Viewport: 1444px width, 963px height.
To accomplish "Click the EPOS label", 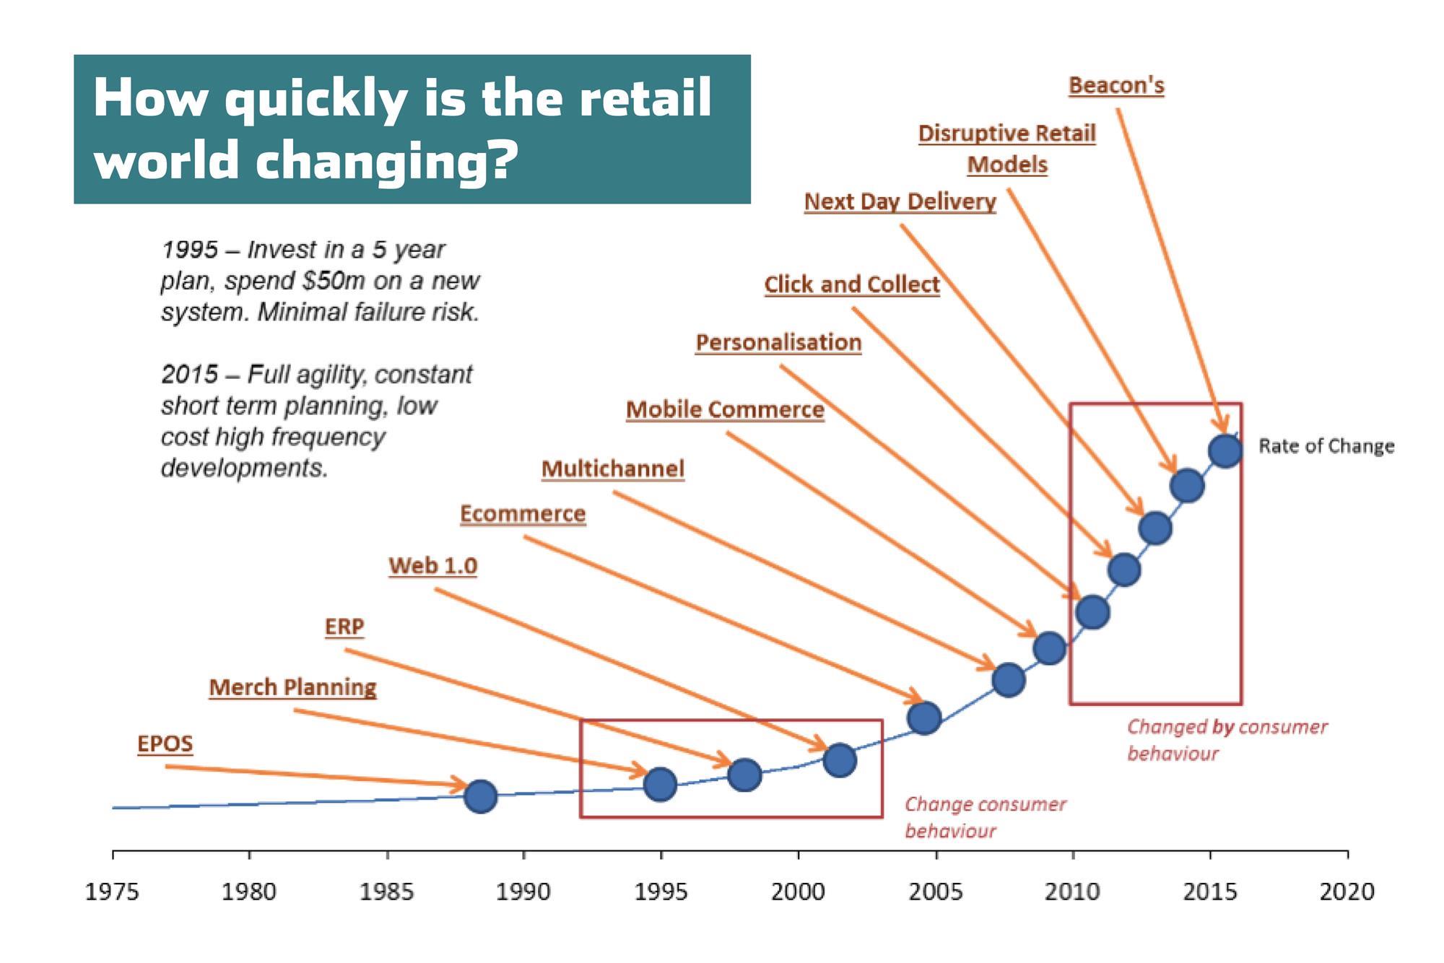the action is (x=165, y=744).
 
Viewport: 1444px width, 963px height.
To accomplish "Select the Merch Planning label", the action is (x=292, y=687).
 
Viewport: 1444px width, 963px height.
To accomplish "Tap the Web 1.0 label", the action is (x=433, y=565).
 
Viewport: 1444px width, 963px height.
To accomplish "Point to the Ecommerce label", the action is (x=523, y=514).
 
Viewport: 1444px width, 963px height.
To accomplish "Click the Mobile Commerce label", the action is (x=725, y=409).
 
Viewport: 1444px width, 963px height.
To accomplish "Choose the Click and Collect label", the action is (x=852, y=284).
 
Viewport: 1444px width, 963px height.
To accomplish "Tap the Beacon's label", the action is (x=1116, y=85).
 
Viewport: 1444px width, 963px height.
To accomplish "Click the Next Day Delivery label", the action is (x=900, y=201).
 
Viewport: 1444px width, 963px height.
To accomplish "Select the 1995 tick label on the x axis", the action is (x=661, y=892).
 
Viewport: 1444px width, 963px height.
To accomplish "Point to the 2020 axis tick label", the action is (x=1347, y=892).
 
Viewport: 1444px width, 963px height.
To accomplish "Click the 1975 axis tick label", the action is (x=113, y=892).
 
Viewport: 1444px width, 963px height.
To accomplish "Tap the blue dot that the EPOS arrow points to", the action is (x=481, y=796).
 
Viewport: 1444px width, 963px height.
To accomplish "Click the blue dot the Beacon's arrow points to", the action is (x=1225, y=450).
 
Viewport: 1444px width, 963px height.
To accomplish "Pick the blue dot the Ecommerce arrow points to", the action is (x=924, y=718).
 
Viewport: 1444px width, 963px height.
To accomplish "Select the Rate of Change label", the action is (x=1326, y=446).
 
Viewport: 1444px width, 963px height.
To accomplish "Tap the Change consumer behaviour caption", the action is (x=986, y=818).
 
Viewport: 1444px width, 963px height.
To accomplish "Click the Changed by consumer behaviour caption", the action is (x=1227, y=740).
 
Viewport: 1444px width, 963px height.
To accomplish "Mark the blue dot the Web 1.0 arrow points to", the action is (x=840, y=759).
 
